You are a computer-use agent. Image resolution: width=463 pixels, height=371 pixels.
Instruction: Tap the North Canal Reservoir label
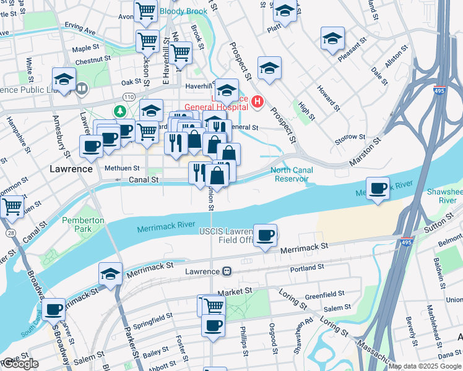290,174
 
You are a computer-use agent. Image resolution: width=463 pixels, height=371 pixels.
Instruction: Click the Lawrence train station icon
227,271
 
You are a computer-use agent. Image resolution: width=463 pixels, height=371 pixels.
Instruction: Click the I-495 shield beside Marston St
439,90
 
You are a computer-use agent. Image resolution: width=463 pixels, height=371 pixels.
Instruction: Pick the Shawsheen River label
444,196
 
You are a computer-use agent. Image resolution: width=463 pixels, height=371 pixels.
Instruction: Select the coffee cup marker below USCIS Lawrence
266,235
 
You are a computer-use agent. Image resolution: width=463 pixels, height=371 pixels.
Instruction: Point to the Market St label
233,290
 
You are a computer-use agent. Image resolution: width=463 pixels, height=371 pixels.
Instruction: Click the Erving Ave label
80,30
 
